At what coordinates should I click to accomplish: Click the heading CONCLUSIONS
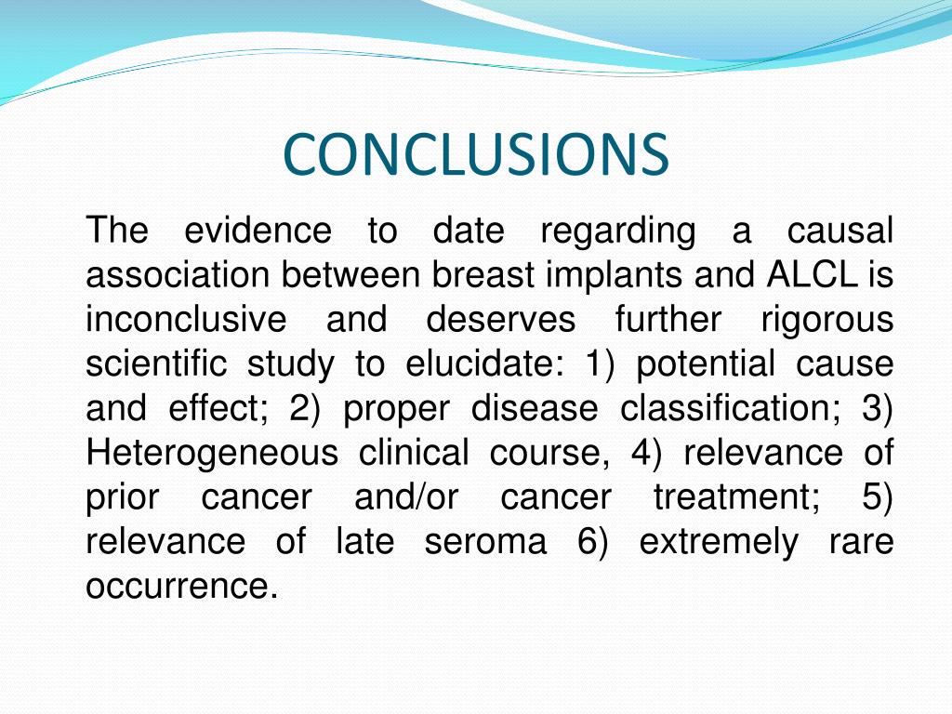[475, 154]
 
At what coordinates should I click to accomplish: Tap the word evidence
[257, 231]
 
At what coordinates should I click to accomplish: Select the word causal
[840, 231]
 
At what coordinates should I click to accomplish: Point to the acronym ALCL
[813, 275]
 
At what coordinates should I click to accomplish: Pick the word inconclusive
[186, 320]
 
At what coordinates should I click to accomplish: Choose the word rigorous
[826, 320]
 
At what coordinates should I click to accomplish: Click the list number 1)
[600, 364]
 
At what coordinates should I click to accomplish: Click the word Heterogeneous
[212, 454]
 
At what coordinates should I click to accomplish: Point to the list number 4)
[646, 454]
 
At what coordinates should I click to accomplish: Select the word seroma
[485, 542]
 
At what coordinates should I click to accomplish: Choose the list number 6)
[592, 542]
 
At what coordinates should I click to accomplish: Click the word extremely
[718, 542]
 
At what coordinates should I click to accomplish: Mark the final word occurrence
[181, 587]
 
